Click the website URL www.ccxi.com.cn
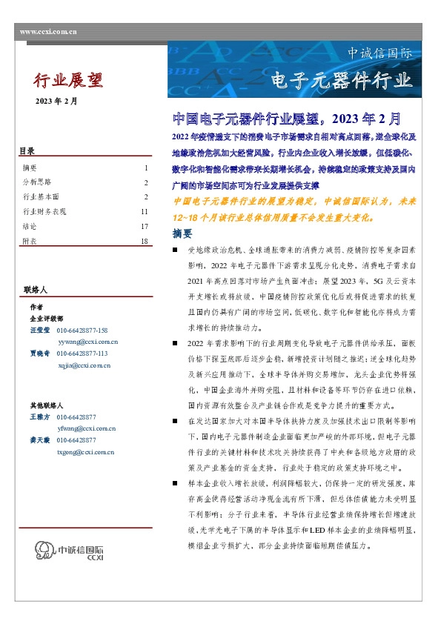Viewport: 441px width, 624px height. coord(48,32)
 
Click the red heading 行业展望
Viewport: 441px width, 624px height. coord(69,80)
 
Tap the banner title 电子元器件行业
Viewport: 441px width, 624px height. coord(340,79)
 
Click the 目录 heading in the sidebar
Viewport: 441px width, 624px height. coord(27,152)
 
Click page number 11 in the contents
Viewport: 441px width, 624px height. coord(145,212)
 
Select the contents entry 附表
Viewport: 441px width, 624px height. coord(30,242)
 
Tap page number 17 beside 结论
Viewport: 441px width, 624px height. coord(145,227)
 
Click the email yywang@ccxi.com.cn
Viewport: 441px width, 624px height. coord(87,341)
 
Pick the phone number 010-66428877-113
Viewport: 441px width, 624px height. coord(82,354)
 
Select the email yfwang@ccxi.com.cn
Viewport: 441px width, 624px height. coord(87,428)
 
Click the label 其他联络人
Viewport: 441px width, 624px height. coord(46,405)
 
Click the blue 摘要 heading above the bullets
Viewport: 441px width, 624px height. coord(182,233)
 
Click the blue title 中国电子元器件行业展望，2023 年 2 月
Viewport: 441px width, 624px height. coord(286,119)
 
